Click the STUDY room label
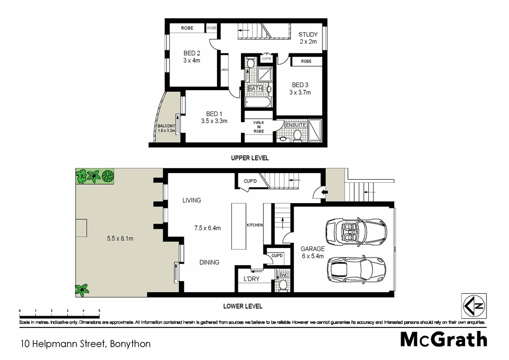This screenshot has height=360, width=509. [x=308, y=35]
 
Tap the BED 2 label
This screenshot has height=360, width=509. [x=192, y=53]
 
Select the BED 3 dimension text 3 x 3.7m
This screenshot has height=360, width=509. [x=300, y=93]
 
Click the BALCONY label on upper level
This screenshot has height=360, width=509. [x=166, y=126]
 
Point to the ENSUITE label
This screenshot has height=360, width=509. [x=296, y=125]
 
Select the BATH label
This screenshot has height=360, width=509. [x=255, y=89]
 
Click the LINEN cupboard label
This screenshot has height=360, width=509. [x=224, y=70]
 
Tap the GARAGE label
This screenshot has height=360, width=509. [x=312, y=249]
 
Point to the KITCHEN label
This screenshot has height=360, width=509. [x=254, y=225]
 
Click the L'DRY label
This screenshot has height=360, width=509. [x=251, y=280]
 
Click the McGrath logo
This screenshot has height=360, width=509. [x=443, y=339]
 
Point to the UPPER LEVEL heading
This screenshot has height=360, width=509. [x=250, y=158]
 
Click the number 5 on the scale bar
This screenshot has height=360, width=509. [x=99, y=310]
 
